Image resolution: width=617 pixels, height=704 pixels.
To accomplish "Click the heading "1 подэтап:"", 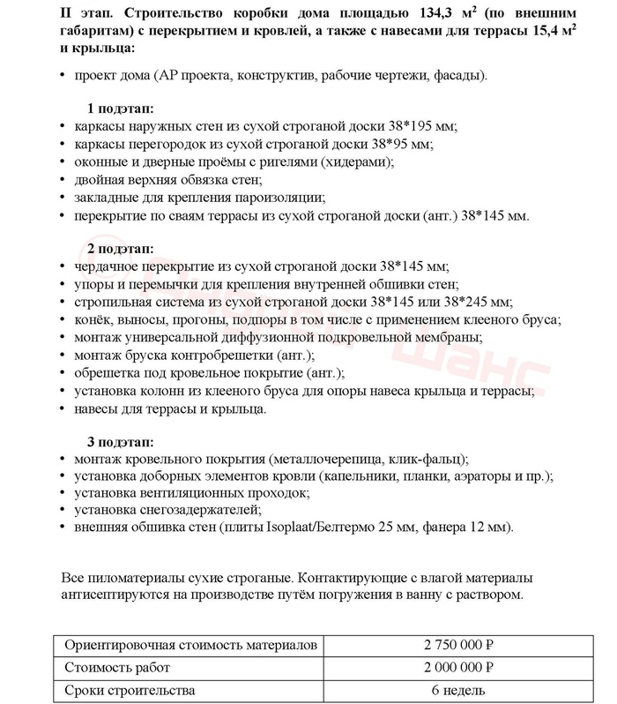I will coord(120,108).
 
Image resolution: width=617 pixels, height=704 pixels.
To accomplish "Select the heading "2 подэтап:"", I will coord(120,248).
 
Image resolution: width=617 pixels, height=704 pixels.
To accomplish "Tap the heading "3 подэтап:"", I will coord(120,440).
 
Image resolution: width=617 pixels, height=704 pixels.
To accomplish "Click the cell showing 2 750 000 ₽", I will coord(458,646).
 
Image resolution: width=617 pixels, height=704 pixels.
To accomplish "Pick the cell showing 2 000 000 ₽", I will coord(458,668).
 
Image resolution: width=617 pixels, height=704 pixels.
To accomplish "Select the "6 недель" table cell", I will coord(458,690).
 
